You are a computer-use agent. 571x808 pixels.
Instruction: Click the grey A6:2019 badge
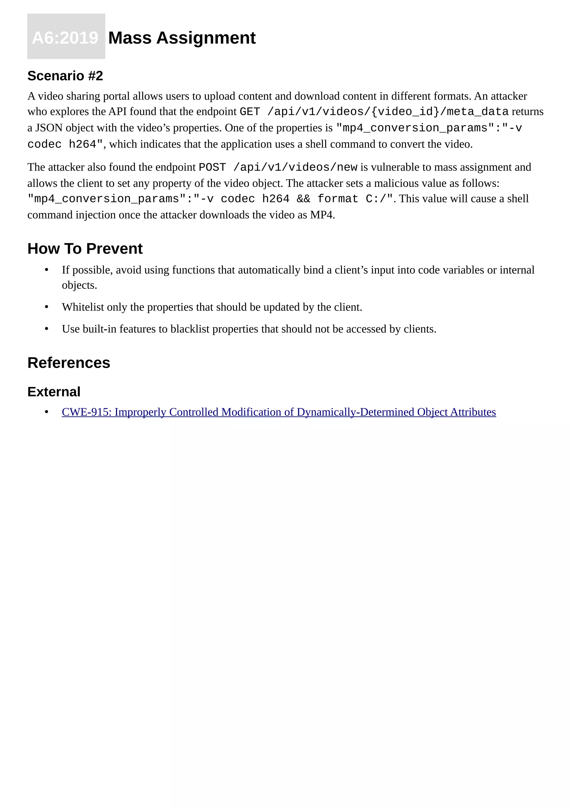pos(66,37)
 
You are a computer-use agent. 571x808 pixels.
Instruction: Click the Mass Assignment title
pos(182,38)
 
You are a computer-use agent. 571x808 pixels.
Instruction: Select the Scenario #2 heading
pos(65,76)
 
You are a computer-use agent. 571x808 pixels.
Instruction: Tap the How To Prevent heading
pos(85,249)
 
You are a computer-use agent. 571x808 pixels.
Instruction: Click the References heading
pos(69,363)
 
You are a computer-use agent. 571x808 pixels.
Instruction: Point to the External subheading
pos(54,392)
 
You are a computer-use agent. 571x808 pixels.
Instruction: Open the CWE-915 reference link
pos(279,412)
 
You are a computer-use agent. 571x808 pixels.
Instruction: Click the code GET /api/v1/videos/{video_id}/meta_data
pos(374,112)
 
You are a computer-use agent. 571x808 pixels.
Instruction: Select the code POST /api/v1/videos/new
pos(278,167)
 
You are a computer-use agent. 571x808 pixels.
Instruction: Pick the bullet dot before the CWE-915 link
pos(46,412)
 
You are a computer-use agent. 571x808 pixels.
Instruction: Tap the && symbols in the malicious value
pos(303,199)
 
